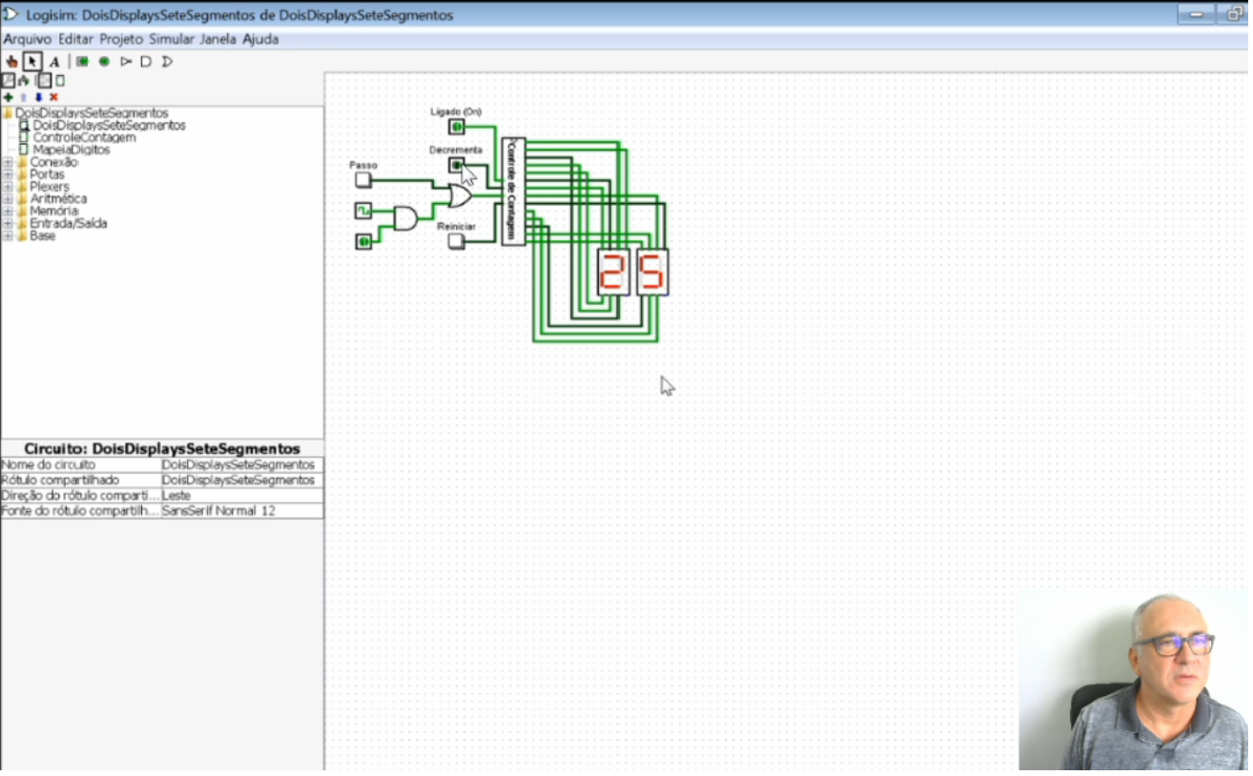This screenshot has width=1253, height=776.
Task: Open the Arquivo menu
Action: click(x=27, y=39)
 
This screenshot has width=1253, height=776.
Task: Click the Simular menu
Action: click(x=171, y=39)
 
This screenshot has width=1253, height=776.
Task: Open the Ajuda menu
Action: click(x=260, y=39)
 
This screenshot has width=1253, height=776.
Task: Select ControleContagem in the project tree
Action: click(x=84, y=137)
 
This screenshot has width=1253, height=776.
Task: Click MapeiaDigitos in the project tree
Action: click(x=71, y=150)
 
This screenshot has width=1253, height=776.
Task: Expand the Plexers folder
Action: click(x=8, y=187)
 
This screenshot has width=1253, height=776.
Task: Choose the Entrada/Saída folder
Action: click(x=68, y=224)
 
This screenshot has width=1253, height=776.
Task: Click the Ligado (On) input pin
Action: click(x=457, y=127)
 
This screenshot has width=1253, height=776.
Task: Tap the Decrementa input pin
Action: click(x=456, y=165)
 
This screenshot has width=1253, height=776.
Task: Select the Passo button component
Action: click(x=362, y=179)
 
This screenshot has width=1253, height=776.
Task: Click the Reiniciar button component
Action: click(x=457, y=241)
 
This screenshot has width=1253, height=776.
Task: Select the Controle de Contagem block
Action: click(x=513, y=191)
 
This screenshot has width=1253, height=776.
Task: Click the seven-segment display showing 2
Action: click(x=613, y=272)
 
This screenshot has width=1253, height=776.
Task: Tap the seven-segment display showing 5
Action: click(x=652, y=272)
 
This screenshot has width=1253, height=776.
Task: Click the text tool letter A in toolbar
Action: click(x=54, y=62)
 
